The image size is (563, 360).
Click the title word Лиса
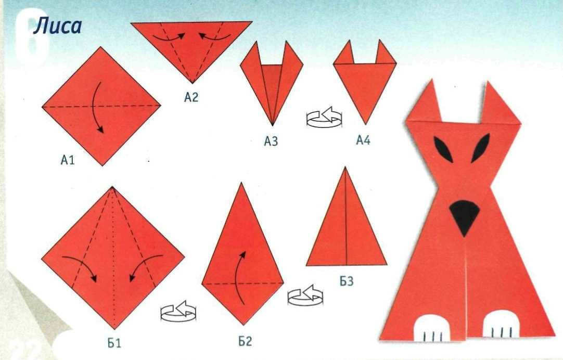coord(58,27)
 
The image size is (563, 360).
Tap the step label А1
coord(68,160)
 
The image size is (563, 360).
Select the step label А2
coord(191,97)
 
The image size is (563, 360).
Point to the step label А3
coord(271,142)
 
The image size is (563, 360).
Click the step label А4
coord(363,140)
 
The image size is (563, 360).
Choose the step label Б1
coord(114,343)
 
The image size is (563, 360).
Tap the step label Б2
coord(245,341)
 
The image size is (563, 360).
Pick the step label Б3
coord(347,281)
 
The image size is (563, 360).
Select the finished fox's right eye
coord(480,148)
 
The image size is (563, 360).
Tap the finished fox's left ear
coord(426,104)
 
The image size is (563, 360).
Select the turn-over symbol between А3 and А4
coord(324,117)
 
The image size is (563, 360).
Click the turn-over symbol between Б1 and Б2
coord(178,311)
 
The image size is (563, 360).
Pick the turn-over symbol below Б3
coord(305,295)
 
